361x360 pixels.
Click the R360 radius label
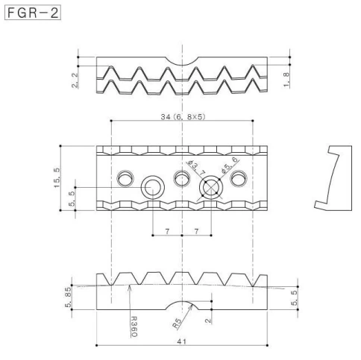tap(134, 326)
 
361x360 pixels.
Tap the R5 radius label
tap(177, 323)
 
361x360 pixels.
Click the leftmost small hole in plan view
tap(125, 178)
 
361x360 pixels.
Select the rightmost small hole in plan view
tap(239, 178)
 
